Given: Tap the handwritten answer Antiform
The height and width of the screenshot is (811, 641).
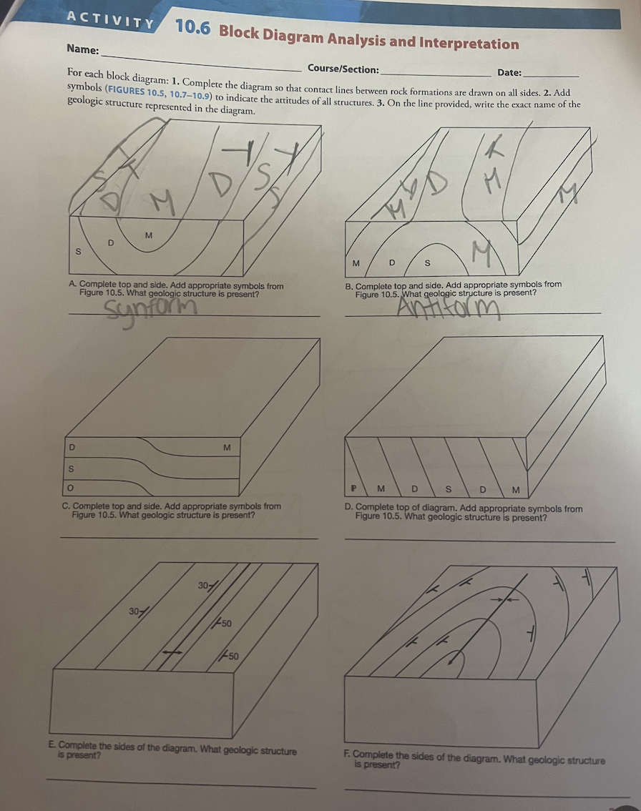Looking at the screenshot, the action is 449,309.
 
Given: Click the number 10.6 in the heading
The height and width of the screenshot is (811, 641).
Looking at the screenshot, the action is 193,26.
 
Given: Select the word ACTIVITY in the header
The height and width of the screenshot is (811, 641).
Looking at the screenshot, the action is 110,20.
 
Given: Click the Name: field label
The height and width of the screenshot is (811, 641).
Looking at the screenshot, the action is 83,49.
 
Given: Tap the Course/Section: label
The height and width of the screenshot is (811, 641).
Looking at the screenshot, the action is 343,69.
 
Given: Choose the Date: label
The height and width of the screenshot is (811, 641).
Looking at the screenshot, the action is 509,72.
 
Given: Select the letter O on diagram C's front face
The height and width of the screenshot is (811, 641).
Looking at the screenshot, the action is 70,488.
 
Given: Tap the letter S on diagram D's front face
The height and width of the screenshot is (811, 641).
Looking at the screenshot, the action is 449,488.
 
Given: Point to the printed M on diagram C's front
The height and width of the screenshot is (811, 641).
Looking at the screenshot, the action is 227,448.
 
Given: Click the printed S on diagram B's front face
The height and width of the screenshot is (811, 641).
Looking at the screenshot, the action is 427,262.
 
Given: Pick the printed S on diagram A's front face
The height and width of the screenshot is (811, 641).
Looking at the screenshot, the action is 79,252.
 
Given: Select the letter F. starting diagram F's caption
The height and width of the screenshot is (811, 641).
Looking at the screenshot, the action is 348,755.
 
